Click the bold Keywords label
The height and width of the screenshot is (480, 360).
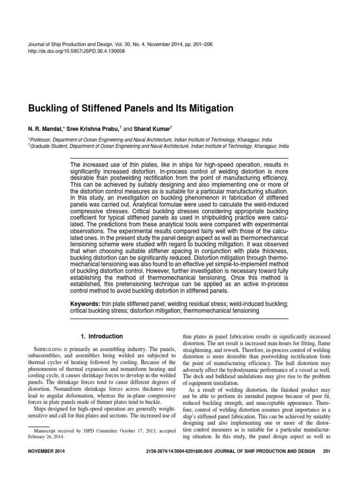(x=85, y=304)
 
